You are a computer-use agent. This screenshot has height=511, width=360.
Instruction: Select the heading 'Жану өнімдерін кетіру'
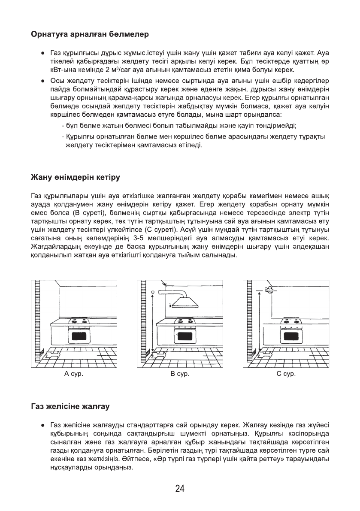tap(75, 177)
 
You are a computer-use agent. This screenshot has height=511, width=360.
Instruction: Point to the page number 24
tap(180, 489)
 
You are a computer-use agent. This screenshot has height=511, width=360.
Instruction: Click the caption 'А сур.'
tap(73, 374)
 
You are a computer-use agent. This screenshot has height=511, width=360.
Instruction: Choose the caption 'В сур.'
tap(180, 374)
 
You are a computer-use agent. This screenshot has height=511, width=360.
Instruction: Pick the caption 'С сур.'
tap(286, 374)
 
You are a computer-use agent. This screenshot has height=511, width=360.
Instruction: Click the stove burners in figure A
tap(79, 321)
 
